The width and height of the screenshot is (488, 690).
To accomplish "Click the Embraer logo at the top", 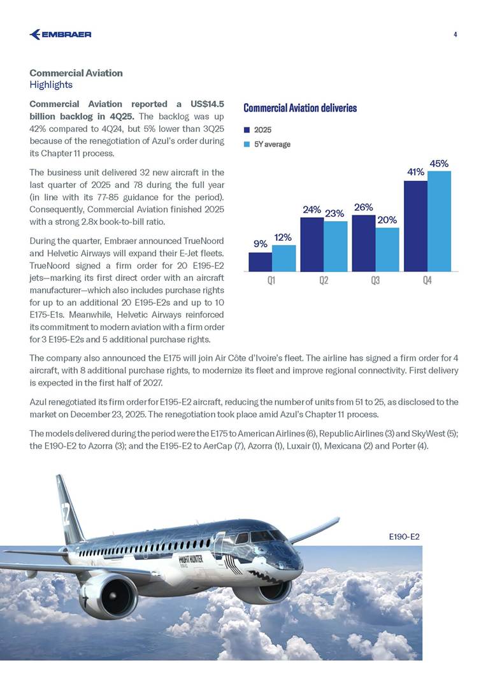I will coord(61,34).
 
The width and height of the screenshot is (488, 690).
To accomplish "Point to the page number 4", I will coord(456,34).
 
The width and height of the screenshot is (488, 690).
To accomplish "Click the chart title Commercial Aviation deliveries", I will coord(300,108).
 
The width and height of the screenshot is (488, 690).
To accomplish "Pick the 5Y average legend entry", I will coord(271,144).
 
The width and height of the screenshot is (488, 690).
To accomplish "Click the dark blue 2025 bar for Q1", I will coord(260,262).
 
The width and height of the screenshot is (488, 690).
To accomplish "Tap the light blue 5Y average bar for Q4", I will coord(439,220).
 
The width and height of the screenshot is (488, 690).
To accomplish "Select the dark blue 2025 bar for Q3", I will coord(363,243).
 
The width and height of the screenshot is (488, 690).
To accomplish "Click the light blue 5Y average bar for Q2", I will coord(335,246).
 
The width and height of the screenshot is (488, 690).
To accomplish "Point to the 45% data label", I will coord(439,164).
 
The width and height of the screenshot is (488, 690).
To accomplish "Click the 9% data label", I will coord(260,243).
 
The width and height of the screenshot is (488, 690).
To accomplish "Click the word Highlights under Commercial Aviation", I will coord(51,85).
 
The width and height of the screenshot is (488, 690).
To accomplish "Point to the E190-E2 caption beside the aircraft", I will coord(404,537).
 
